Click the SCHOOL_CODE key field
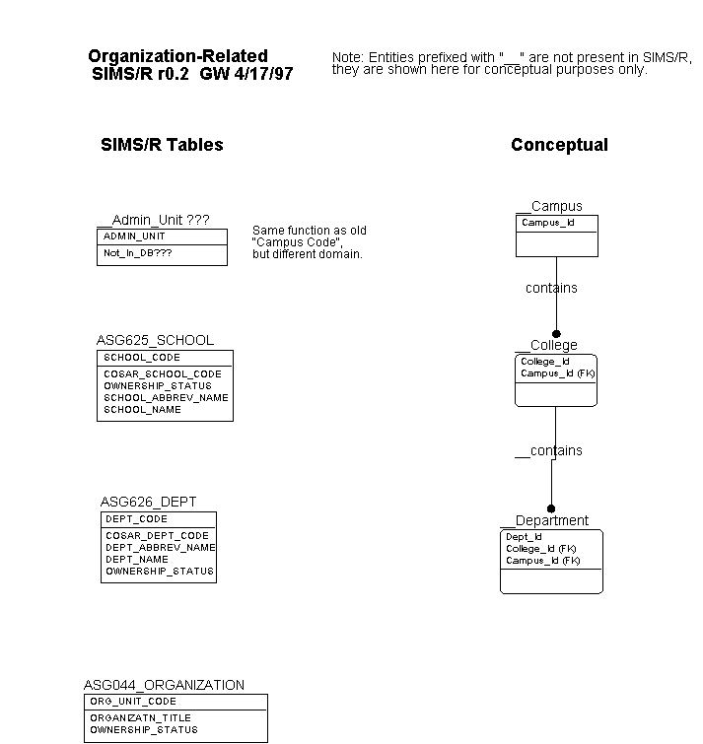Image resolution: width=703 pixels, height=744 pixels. click(x=142, y=358)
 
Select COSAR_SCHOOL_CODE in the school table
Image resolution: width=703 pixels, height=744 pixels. click(x=163, y=373)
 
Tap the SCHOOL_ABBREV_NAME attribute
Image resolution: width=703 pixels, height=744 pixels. click(x=166, y=398)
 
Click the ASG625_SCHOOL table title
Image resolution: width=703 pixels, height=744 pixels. click(x=155, y=340)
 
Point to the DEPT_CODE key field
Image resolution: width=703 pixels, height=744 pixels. click(x=136, y=519)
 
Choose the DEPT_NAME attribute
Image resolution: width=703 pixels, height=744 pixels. click(x=137, y=560)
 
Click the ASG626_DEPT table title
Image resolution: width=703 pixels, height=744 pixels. click(x=148, y=502)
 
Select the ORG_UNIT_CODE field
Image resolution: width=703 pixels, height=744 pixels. click(x=133, y=702)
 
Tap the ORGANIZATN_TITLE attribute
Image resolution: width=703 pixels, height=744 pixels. click(x=141, y=718)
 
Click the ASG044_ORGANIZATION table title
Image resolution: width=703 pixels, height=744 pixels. click(x=165, y=685)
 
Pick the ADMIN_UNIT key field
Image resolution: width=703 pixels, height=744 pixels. click(x=134, y=237)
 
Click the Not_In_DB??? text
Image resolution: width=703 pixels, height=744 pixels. click(x=138, y=253)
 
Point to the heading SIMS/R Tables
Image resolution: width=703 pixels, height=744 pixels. click(x=162, y=145)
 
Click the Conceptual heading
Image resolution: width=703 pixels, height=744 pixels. click(x=559, y=145)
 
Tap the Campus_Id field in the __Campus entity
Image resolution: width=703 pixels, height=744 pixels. click(x=548, y=223)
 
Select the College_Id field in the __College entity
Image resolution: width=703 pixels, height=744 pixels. click(x=545, y=362)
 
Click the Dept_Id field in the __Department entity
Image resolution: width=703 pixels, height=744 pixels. click(x=524, y=537)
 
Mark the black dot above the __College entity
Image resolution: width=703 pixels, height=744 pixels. click(x=556, y=334)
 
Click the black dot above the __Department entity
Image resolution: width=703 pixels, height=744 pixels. click(x=551, y=508)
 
